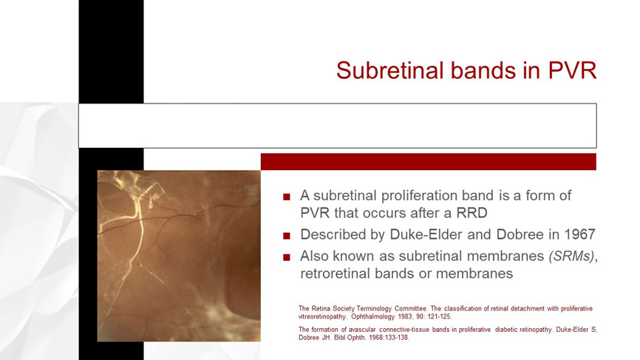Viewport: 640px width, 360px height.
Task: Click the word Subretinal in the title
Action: tap(391, 70)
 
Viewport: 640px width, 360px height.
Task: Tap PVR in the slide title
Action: tap(572, 70)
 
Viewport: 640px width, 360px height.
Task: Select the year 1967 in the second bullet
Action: tap(579, 234)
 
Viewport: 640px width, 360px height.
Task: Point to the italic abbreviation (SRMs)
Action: tap(571, 256)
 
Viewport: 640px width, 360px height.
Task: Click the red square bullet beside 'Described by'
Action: tap(287, 236)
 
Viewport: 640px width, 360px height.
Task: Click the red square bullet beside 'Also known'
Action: tap(287, 257)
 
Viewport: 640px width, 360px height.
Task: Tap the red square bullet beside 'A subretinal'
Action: tap(287, 197)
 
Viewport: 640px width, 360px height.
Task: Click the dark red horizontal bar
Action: tap(428, 162)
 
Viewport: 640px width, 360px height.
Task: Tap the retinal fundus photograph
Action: tap(179, 256)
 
